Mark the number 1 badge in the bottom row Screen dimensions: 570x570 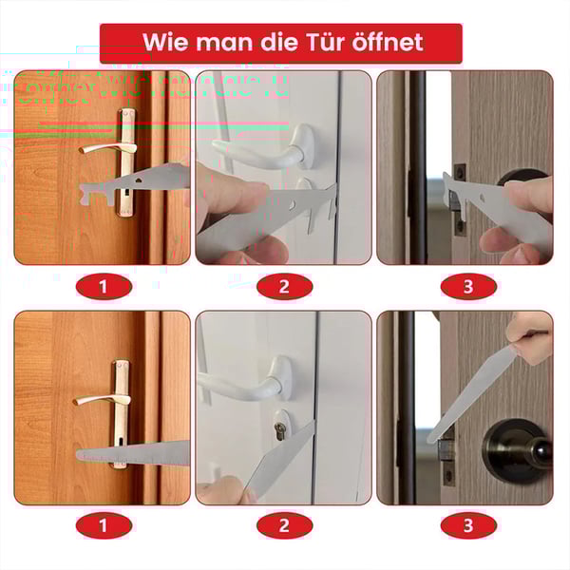tap(102, 522)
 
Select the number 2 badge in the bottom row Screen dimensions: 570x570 tap(284, 522)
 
